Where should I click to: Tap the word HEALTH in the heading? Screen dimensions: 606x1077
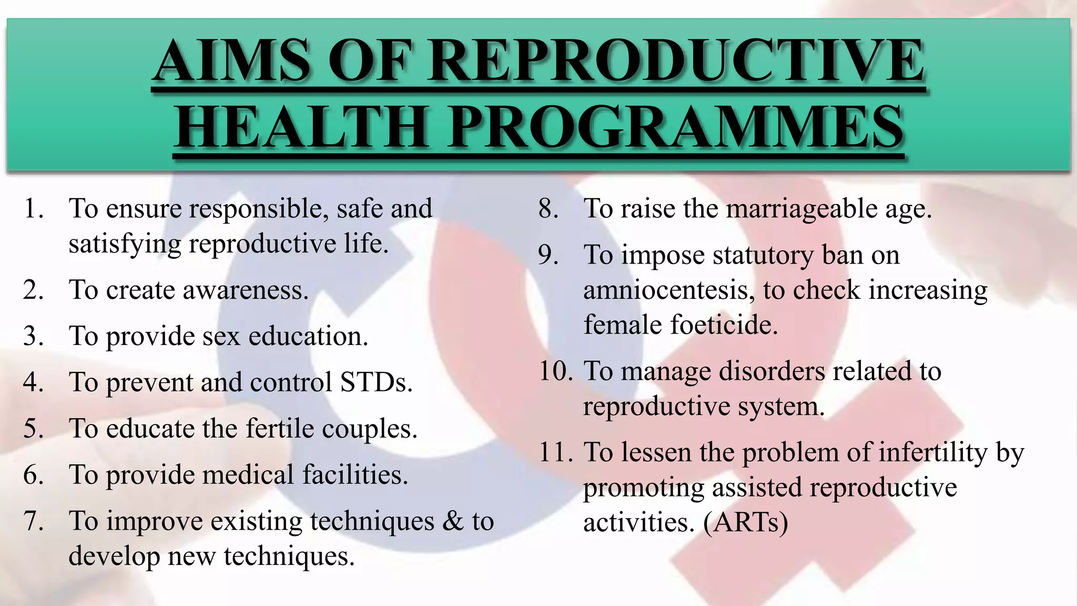click(302, 127)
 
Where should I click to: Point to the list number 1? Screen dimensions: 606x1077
click(33, 209)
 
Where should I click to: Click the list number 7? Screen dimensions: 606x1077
click(33, 521)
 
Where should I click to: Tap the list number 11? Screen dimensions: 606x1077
click(555, 452)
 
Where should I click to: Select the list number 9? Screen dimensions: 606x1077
click(548, 255)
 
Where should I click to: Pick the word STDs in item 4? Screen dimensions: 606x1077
click(375, 382)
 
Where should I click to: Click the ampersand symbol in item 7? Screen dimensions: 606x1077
click(453, 521)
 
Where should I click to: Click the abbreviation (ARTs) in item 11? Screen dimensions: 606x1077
click(746, 522)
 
